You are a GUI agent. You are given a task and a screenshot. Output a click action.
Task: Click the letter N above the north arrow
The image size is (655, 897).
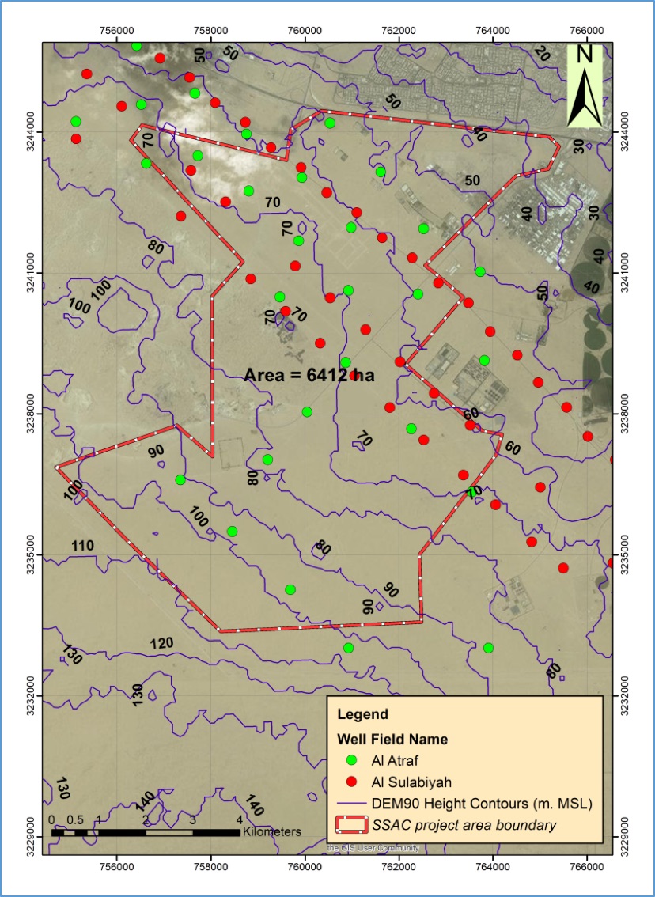click(x=585, y=54)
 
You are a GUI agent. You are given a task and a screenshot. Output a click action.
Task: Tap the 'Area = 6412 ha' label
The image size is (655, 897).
click(x=309, y=375)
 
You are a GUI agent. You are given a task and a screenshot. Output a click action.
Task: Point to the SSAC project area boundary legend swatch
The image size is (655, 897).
click(x=347, y=825)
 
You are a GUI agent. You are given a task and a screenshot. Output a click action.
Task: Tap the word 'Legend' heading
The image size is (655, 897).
click(x=362, y=714)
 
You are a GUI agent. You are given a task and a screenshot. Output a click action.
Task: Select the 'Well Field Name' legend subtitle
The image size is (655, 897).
click(x=392, y=740)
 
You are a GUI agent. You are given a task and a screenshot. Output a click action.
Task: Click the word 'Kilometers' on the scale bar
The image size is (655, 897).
click(x=272, y=832)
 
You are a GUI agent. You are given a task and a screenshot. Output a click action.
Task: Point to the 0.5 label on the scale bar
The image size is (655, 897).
click(x=75, y=819)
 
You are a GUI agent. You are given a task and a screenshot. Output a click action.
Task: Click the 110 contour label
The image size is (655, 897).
click(x=82, y=546)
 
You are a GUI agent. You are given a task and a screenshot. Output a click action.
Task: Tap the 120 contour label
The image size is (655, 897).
click(x=161, y=644)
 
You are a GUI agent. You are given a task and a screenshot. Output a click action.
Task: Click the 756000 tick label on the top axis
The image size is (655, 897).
click(x=116, y=31)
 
